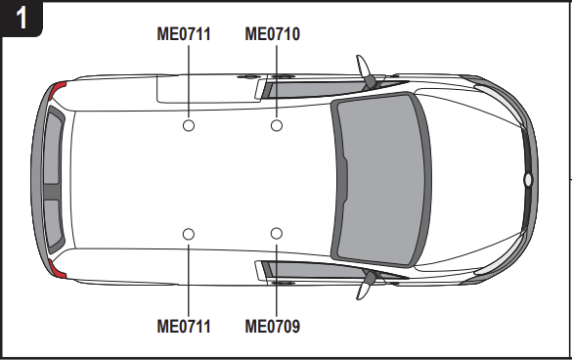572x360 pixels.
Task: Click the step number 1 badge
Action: tap(20, 19)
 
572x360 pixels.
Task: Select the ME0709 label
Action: tap(272, 326)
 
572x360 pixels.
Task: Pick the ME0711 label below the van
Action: tap(184, 326)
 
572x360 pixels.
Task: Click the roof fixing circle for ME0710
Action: tap(277, 125)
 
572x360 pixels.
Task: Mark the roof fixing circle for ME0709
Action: tap(277, 234)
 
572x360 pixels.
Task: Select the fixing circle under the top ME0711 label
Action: tap(189, 125)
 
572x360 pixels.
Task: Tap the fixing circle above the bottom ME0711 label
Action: tap(189, 234)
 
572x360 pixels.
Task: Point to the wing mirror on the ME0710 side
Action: tap(369, 73)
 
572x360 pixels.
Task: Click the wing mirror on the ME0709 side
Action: tap(370, 284)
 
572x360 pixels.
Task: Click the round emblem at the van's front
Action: tap(527, 180)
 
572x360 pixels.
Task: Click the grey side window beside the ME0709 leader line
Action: tap(303, 270)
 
